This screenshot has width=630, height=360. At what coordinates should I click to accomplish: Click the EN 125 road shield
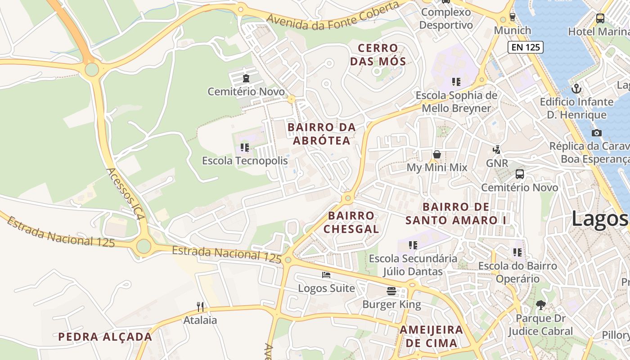click(525, 47)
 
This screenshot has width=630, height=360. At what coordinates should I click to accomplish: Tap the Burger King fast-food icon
click(391, 291)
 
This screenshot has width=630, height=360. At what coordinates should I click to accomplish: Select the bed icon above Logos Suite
click(326, 274)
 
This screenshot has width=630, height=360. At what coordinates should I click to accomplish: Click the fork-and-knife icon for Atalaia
click(200, 307)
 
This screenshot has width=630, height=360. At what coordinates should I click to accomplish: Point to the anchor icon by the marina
click(576, 88)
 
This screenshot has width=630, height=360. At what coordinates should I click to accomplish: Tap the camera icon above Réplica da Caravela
click(596, 133)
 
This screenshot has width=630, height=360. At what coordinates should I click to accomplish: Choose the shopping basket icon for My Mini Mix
click(436, 154)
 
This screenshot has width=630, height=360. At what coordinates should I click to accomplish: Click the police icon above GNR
click(497, 149)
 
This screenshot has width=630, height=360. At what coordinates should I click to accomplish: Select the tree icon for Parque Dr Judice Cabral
click(540, 305)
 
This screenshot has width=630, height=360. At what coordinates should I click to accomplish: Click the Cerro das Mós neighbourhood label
click(378, 54)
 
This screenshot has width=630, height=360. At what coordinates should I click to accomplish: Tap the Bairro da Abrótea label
click(321, 134)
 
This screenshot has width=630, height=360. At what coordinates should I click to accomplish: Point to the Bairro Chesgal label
click(351, 222)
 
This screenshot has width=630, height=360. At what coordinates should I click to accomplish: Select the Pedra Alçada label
click(105, 337)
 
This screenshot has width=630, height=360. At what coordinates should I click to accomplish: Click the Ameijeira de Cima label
click(431, 336)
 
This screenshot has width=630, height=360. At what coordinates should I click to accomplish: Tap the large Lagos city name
click(599, 220)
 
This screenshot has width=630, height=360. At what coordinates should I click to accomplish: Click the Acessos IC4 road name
click(126, 194)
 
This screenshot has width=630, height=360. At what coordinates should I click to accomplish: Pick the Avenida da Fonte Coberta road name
click(333, 16)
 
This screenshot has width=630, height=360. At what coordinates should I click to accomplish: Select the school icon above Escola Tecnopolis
click(245, 147)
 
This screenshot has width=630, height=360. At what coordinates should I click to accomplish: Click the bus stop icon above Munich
click(512, 17)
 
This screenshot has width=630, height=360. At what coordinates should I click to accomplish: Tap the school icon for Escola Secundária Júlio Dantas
click(413, 245)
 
